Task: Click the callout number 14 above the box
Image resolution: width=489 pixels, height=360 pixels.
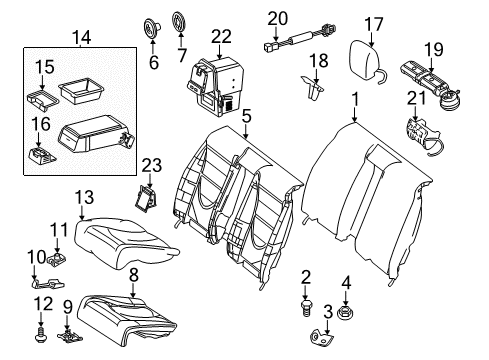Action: pos(81,37)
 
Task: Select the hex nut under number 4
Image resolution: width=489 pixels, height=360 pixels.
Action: pos(345,313)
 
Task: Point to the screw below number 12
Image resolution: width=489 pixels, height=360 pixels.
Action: pos(41,335)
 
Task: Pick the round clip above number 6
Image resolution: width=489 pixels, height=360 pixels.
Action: pos(151,27)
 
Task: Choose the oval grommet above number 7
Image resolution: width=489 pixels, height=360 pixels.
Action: pos(180,22)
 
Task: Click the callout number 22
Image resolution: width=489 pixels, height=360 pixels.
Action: pos(221,36)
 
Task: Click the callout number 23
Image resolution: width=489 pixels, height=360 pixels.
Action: pos(152,165)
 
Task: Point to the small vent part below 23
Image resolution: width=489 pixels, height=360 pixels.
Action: pos(146,199)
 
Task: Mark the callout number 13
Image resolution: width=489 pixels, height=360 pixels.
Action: pos(84,197)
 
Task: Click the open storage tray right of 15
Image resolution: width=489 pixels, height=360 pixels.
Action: pos(81,89)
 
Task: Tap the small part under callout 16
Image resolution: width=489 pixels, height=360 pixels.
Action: pos(42,156)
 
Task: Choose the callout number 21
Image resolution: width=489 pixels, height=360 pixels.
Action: pos(417,98)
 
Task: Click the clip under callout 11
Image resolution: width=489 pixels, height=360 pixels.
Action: pos(56,259)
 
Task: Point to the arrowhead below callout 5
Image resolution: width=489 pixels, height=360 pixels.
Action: pos(246,136)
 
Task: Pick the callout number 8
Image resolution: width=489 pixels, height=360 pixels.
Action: pos(134,276)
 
